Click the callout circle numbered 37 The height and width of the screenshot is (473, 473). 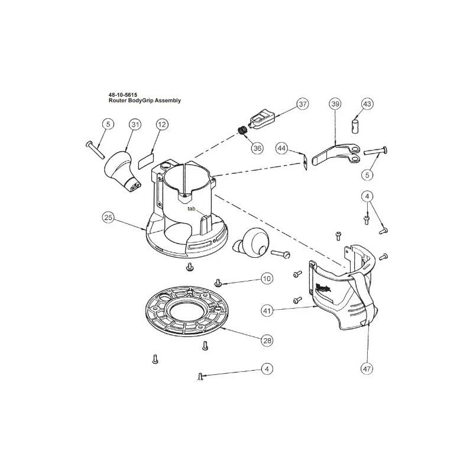pyautogui.click(x=303, y=104)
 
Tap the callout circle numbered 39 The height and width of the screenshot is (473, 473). pyautogui.click(x=335, y=104)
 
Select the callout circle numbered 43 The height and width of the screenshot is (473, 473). pyautogui.click(x=367, y=104)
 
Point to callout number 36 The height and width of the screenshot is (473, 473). pyautogui.click(x=257, y=148)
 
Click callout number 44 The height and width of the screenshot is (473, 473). pyautogui.click(x=281, y=148)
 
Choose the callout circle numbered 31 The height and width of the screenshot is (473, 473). pyautogui.click(x=135, y=124)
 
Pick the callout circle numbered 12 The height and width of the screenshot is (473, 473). pyautogui.click(x=162, y=124)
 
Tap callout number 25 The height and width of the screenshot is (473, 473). pyautogui.click(x=108, y=218)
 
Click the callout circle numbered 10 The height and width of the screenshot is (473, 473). pyautogui.click(x=267, y=278)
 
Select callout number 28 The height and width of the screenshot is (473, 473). pyautogui.click(x=267, y=341)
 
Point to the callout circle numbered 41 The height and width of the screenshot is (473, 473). pyautogui.click(x=267, y=310)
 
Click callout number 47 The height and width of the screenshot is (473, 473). pyautogui.click(x=367, y=368)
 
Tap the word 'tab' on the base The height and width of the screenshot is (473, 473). pyautogui.click(x=192, y=209)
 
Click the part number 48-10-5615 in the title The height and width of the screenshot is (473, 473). pyautogui.click(x=123, y=95)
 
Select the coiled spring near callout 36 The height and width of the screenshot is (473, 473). pyautogui.click(x=243, y=131)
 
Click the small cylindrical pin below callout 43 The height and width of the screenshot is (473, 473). pyautogui.click(x=355, y=125)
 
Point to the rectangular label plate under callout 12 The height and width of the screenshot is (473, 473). pyautogui.click(x=146, y=161)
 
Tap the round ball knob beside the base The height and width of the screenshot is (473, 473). pyautogui.click(x=252, y=242)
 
